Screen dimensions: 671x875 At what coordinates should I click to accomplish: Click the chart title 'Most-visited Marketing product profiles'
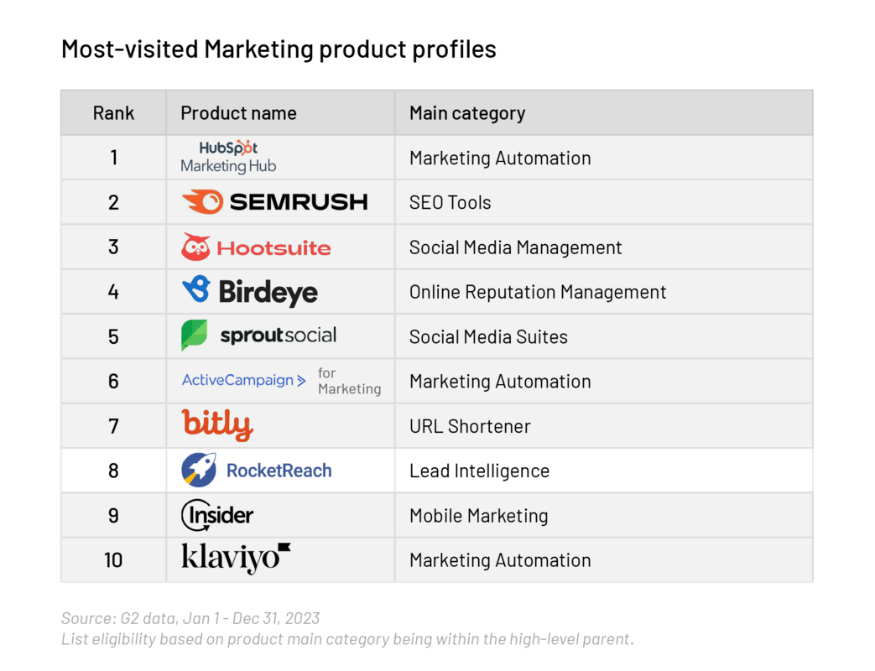279,49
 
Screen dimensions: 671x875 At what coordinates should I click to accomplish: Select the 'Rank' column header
113,113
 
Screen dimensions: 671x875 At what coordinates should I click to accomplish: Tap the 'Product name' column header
238,113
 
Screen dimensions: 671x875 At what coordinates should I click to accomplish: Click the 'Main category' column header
467,113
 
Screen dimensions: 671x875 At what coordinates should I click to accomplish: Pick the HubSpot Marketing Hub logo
228,157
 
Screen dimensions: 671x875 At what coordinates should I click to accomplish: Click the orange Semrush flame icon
202,202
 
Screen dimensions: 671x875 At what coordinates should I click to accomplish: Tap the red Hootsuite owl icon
195,247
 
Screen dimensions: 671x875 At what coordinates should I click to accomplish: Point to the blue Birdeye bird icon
195,290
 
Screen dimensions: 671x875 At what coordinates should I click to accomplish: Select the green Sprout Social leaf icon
194,335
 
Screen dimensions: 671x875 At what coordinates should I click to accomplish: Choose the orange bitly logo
217,425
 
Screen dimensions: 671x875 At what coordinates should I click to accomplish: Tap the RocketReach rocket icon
199,470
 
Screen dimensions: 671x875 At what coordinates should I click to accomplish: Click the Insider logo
217,515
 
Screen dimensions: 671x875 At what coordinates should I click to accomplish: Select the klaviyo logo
236,559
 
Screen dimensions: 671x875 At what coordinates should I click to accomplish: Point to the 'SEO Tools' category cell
450,202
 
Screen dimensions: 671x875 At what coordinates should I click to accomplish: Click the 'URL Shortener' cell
470,426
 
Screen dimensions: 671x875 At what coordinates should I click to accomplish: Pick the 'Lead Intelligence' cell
479,471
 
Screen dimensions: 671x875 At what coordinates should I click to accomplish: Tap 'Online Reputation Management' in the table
538,292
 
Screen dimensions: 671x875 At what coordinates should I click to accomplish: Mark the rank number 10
113,559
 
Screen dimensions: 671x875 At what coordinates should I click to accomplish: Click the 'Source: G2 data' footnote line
190,618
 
